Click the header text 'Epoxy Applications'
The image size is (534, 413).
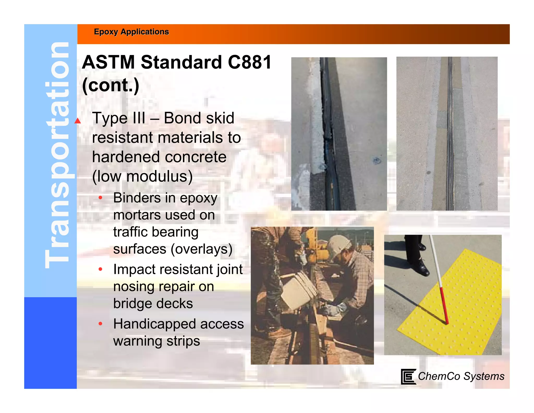tap(131, 32)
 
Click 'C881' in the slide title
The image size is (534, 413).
tap(250, 62)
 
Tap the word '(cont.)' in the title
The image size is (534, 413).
tap(111, 85)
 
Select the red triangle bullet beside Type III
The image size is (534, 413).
tap(78, 121)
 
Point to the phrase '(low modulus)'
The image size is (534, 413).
tap(142, 176)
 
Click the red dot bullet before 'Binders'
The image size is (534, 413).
tap(100, 198)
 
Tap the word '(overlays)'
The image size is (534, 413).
tap(201, 249)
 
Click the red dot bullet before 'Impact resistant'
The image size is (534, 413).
tap(100, 269)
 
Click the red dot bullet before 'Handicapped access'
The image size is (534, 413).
tap(100, 324)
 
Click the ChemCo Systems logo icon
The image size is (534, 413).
tap(408, 376)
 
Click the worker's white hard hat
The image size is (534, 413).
tap(338, 245)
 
